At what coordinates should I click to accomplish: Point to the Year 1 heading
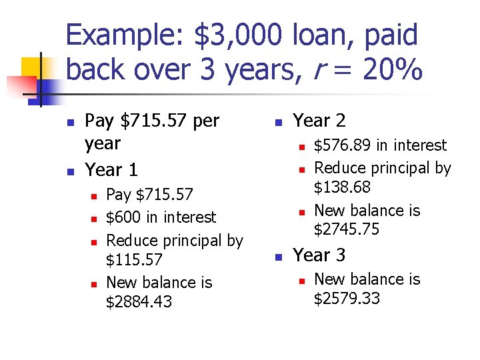pyautogui.click(x=111, y=169)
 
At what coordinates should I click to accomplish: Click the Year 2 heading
pyautogui.click(x=319, y=121)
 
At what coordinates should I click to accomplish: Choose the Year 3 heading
pyautogui.click(x=319, y=255)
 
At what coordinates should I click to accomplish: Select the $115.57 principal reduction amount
pyautogui.click(x=134, y=259)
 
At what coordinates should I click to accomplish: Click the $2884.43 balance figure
pyautogui.click(x=139, y=302)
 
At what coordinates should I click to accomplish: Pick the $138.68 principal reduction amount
pyautogui.click(x=342, y=187)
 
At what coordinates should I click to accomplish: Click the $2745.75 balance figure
pyautogui.click(x=346, y=229)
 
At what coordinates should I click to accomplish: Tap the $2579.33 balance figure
pyautogui.click(x=346, y=297)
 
